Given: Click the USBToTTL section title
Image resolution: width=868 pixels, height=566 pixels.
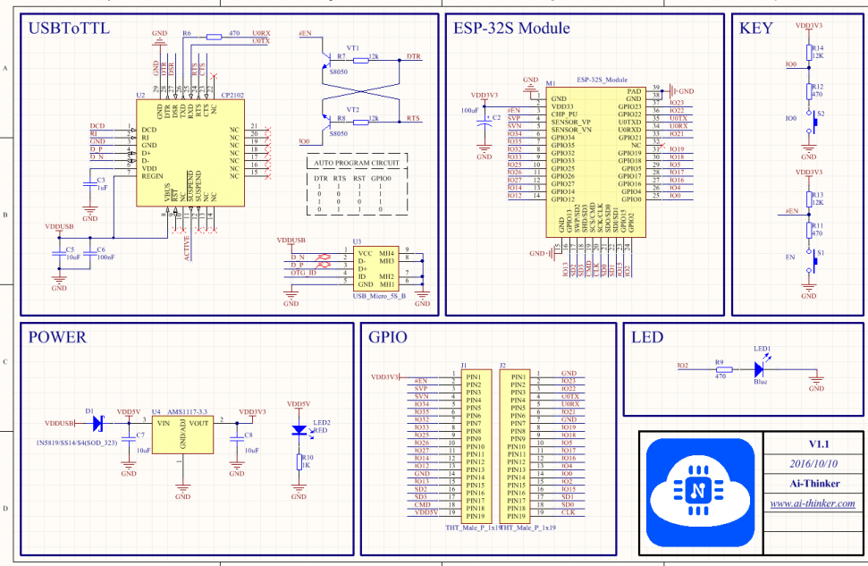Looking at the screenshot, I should (x=69, y=29).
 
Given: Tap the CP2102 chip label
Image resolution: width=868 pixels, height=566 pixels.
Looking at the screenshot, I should (x=232, y=93).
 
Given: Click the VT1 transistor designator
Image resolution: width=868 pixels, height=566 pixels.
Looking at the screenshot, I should (x=352, y=47).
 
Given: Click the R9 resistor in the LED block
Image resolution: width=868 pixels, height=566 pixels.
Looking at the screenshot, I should (x=721, y=368).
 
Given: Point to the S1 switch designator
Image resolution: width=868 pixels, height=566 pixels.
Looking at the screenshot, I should (x=821, y=253).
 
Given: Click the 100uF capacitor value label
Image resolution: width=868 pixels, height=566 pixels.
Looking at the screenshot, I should (x=469, y=109).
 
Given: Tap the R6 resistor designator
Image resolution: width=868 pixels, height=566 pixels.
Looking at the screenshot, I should (x=186, y=32).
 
